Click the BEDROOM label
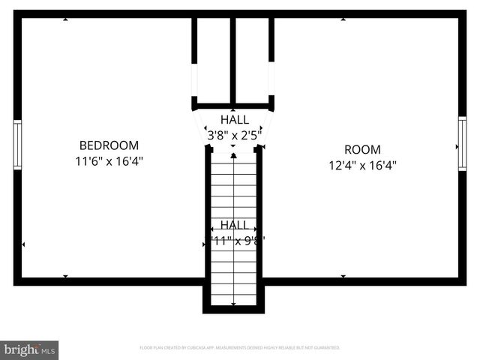pyautogui.click(x=109, y=145)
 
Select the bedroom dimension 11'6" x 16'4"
pyautogui.click(x=109, y=161)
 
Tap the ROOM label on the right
pyautogui.click(x=362, y=149)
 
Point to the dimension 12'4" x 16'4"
pyautogui.click(x=362, y=166)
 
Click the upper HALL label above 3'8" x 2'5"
pyautogui.click(x=235, y=120)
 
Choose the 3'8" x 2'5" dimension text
pyautogui.click(x=235, y=136)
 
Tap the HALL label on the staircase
pyautogui.click(x=234, y=225)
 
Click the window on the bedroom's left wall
pyautogui.click(x=16, y=145)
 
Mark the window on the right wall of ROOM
pyautogui.click(x=462, y=144)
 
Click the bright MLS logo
pyautogui.click(x=30, y=349)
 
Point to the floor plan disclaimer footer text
pyautogui.click(x=240, y=348)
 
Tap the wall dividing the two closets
pyautogui.click(x=233, y=60)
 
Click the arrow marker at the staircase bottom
pyautogui.click(x=234, y=304)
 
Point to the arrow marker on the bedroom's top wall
pyautogui.click(x=66, y=19)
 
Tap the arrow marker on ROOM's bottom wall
pyautogui.click(x=343, y=276)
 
